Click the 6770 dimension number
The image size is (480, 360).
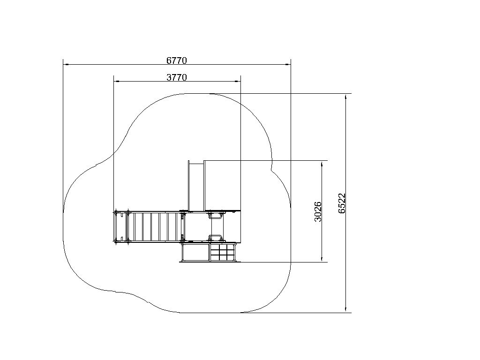tap(176, 60)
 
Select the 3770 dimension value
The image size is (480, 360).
tap(176, 77)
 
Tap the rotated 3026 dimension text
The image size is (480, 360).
tap(318, 211)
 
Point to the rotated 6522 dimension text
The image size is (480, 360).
tap(342, 203)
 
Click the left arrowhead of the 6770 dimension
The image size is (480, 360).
tap(66, 65)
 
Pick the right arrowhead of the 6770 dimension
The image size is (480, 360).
tap(288, 65)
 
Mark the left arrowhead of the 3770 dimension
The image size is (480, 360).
tap(116, 82)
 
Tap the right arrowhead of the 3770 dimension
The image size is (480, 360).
tap(238, 82)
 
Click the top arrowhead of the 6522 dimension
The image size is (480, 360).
tap(346, 97)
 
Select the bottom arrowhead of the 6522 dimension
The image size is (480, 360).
tap(346, 309)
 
